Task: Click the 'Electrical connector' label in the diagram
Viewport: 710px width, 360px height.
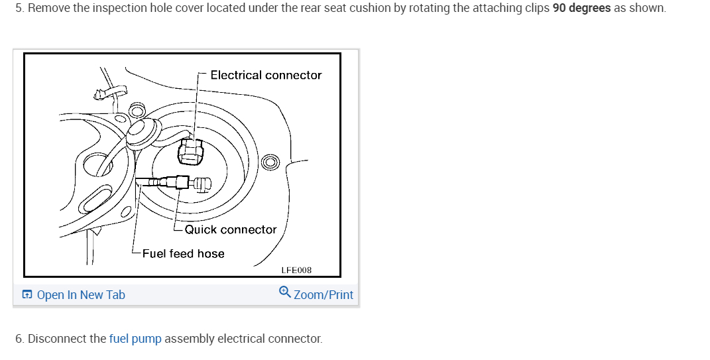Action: [x=265, y=75]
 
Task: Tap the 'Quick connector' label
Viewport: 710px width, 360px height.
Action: [x=230, y=229]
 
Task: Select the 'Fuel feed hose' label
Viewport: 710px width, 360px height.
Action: [x=183, y=253]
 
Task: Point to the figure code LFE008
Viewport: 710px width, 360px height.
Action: [x=296, y=270]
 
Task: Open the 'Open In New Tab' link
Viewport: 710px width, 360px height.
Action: [x=80, y=295]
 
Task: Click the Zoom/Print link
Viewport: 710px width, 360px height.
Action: [x=323, y=295]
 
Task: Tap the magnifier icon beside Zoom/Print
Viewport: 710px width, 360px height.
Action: [x=285, y=292]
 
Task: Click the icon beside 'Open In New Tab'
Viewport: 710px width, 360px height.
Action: [x=27, y=295]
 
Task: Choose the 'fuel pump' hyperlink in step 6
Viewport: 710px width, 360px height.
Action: [x=135, y=339]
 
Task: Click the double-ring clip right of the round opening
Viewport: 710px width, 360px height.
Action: [x=270, y=161]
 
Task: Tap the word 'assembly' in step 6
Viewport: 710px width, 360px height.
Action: [x=190, y=339]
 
